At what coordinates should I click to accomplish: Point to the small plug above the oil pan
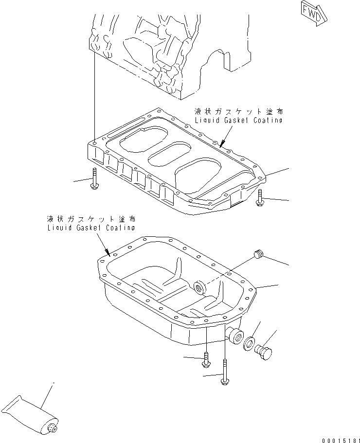click(x=259, y=255)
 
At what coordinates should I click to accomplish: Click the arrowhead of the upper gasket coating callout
click(x=221, y=145)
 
